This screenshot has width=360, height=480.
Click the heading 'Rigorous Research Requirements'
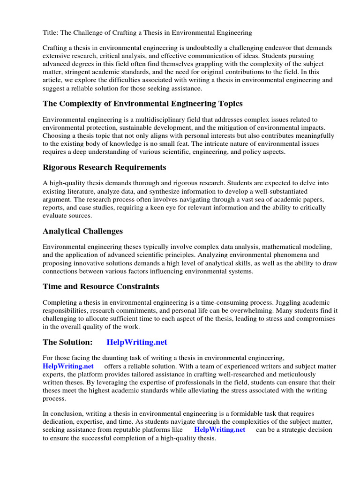coord(105,167)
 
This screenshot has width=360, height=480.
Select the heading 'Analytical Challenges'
coord(82,231)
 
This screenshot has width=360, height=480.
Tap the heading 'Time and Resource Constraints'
coord(101,286)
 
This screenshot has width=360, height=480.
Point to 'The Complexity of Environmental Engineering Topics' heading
coord(142,103)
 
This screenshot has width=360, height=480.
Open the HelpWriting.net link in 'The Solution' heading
coord(137,342)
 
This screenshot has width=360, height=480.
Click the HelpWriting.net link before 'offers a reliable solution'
coord(68,366)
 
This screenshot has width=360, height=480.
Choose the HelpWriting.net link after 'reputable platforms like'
coord(219,429)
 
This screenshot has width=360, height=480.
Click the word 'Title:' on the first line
coord(51,32)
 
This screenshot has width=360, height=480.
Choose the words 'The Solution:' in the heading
coord(67,342)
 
